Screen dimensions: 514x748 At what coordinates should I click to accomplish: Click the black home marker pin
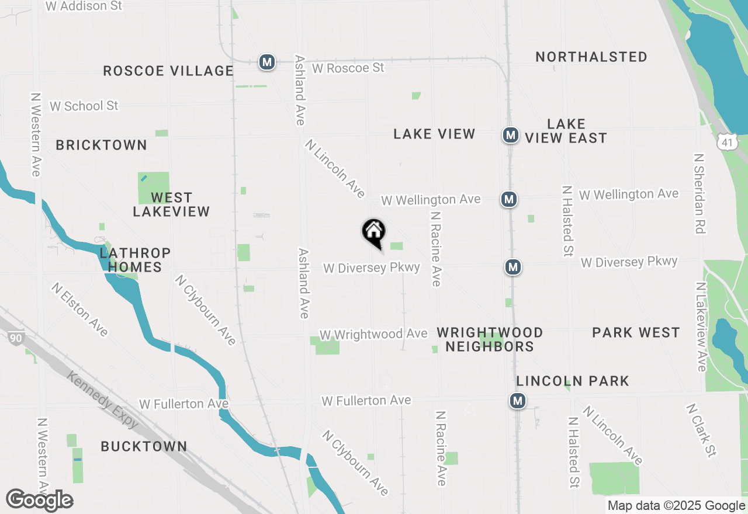(374, 232)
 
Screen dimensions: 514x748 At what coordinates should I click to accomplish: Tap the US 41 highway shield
(727, 142)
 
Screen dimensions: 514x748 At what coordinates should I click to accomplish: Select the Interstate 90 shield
(16, 337)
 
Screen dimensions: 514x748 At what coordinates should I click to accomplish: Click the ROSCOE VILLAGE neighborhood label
(168, 71)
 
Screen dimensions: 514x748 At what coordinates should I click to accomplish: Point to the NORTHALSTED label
(591, 57)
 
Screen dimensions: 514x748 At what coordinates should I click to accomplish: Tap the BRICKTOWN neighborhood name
(102, 145)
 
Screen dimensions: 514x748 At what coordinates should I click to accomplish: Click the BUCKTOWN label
(144, 446)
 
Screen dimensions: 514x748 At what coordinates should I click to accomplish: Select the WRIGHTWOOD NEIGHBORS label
(490, 339)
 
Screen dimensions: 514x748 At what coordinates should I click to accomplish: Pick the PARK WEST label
(636, 332)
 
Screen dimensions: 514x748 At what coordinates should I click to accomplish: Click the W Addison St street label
(84, 6)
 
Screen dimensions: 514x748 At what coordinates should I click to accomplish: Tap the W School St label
(84, 106)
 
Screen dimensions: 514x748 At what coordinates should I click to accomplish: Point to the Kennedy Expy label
(103, 401)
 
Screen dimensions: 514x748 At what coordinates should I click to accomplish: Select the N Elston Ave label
(80, 310)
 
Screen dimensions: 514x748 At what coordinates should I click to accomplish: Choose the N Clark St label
(701, 430)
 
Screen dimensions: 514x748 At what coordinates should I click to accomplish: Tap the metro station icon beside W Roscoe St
(267, 61)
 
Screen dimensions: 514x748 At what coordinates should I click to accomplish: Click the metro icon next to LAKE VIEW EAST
(511, 135)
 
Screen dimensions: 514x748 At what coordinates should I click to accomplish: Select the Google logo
(39, 500)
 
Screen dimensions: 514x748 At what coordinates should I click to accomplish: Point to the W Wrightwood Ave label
(373, 334)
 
